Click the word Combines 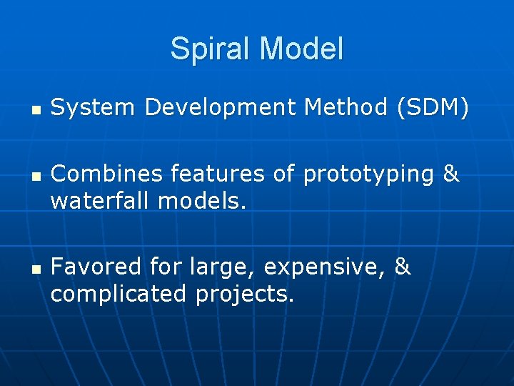pyautogui.click(x=97, y=174)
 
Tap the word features pyautogui.click(x=201, y=174)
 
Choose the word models pyautogui.click(x=202, y=201)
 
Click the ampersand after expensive pyautogui.click(x=403, y=267)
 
